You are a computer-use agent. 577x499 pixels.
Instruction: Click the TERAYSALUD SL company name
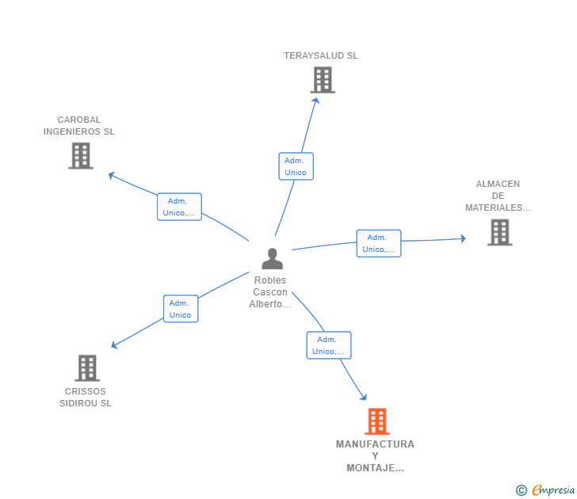(320, 55)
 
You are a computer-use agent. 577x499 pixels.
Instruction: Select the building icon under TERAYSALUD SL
(323, 80)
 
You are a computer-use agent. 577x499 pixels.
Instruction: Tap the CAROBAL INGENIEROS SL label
(78, 125)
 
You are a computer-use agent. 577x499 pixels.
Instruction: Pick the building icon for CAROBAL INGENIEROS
(81, 156)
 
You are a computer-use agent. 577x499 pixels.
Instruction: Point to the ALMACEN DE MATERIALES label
(498, 196)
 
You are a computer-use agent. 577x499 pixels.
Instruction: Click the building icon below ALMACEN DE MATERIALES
(499, 232)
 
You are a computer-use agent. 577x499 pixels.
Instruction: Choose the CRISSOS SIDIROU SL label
(86, 397)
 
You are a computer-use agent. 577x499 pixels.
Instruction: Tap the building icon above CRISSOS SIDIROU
(87, 368)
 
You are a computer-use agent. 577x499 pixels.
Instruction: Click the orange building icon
(377, 421)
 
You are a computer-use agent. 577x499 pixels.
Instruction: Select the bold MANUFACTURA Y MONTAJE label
(375, 456)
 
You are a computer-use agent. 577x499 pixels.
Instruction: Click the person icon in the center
(273, 258)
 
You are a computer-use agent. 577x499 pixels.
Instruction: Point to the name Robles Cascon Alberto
(270, 292)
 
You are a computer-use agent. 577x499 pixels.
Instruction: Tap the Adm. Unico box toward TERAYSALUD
(296, 166)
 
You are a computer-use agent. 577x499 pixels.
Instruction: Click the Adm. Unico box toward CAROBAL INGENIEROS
(180, 207)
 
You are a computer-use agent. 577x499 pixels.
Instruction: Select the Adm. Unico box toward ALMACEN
(379, 243)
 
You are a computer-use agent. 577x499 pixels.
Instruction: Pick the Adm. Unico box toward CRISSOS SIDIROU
(181, 309)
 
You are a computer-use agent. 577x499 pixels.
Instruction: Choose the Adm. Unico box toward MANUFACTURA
(329, 345)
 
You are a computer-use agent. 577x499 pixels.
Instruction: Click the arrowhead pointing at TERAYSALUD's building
(315, 101)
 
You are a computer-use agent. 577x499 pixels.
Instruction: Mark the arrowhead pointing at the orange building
(364, 397)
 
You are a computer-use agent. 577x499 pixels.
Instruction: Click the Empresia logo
(545, 490)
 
